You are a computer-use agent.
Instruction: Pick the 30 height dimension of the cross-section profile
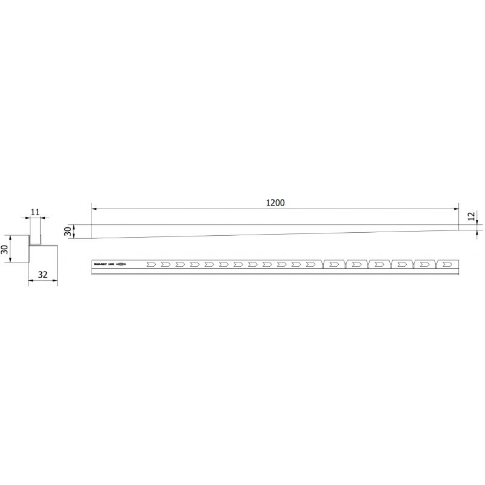pyautogui.click(x=5, y=249)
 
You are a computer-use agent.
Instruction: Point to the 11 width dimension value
pyautogui.click(x=35, y=212)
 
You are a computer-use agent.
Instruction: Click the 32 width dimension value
pyautogui.click(x=42, y=274)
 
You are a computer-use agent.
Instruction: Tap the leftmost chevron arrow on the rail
pyautogui.click(x=150, y=264)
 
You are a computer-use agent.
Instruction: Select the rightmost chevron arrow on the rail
pyautogui.click(x=447, y=264)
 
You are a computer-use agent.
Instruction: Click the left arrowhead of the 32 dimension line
pyautogui.click(x=30, y=281)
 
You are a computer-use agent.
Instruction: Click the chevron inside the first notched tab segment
pyautogui.click(x=333, y=264)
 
